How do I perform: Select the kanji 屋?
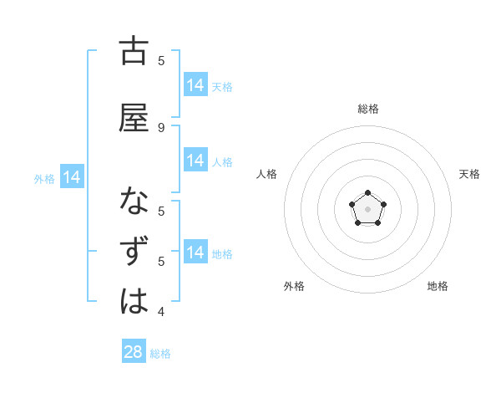(134, 119)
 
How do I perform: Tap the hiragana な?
(134, 202)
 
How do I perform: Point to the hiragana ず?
(134, 253)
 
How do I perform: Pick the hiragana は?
(134, 301)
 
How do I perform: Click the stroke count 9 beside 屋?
(161, 127)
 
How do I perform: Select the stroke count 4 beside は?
(161, 312)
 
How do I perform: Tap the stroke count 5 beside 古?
(161, 60)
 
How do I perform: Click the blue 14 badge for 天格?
(195, 85)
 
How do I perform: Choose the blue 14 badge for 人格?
(195, 161)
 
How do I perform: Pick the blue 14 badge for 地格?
(195, 253)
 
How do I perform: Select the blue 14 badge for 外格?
(71, 177)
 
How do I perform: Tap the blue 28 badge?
(134, 352)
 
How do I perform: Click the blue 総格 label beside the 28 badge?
(160, 354)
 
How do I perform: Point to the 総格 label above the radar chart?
(368, 109)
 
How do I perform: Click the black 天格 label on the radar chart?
(469, 174)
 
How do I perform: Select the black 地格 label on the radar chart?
(438, 286)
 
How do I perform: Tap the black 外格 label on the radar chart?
(294, 286)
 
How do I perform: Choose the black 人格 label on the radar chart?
(266, 174)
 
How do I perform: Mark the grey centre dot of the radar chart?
(368, 209)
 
